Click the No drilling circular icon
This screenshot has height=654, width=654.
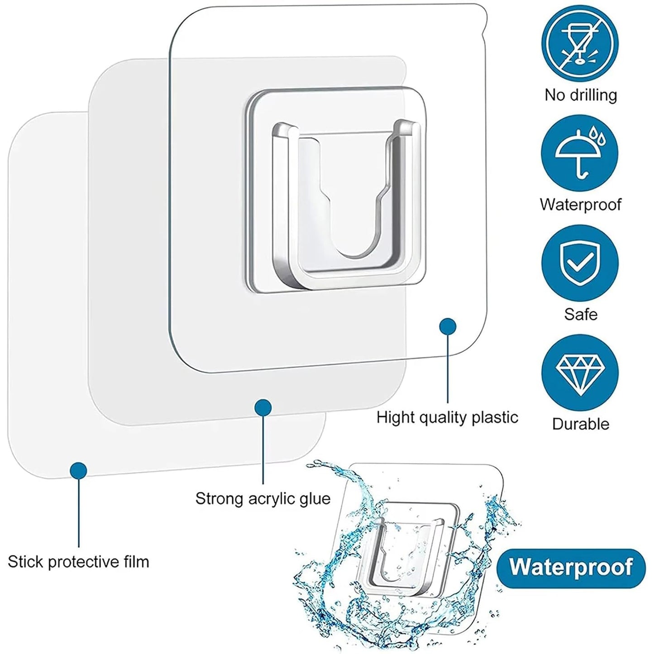tap(580, 43)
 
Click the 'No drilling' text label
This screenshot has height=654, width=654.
tap(581, 95)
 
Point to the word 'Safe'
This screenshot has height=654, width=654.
tap(581, 314)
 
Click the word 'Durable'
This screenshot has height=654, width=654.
tap(581, 424)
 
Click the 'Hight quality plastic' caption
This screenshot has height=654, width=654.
tap(447, 417)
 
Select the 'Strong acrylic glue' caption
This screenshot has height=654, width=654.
tap(263, 499)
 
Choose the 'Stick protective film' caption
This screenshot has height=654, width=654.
tap(78, 562)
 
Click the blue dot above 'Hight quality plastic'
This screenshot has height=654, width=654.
tap(448, 326)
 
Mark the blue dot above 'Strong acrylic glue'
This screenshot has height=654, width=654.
tap(263, 408)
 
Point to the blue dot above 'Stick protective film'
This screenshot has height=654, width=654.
tap(78, 471)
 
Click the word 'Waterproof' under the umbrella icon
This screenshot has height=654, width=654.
tap(581, 204)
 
